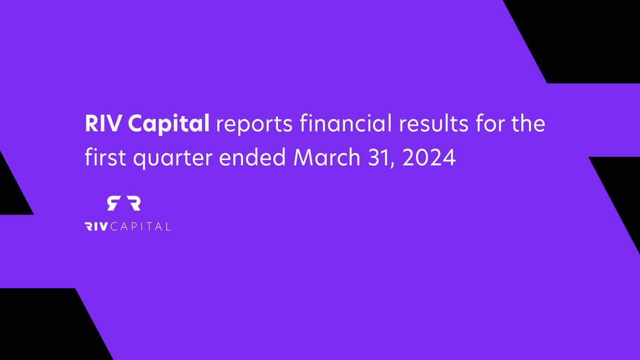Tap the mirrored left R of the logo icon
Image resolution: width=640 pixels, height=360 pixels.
113,203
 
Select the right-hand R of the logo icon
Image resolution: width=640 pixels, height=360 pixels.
134,203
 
